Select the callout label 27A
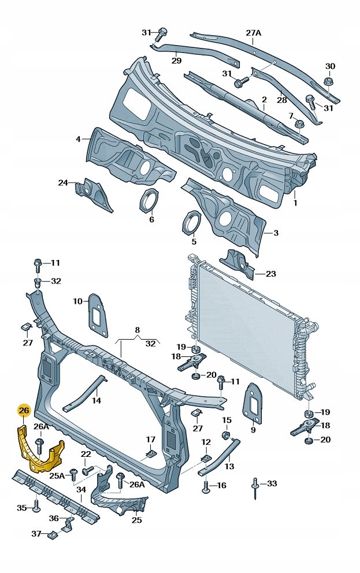[x=254, y=33]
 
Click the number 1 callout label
[x=295, y=203]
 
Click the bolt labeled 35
[x=36, y=508]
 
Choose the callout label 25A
[x=57, y=475]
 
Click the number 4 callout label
[x=78, y=139]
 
